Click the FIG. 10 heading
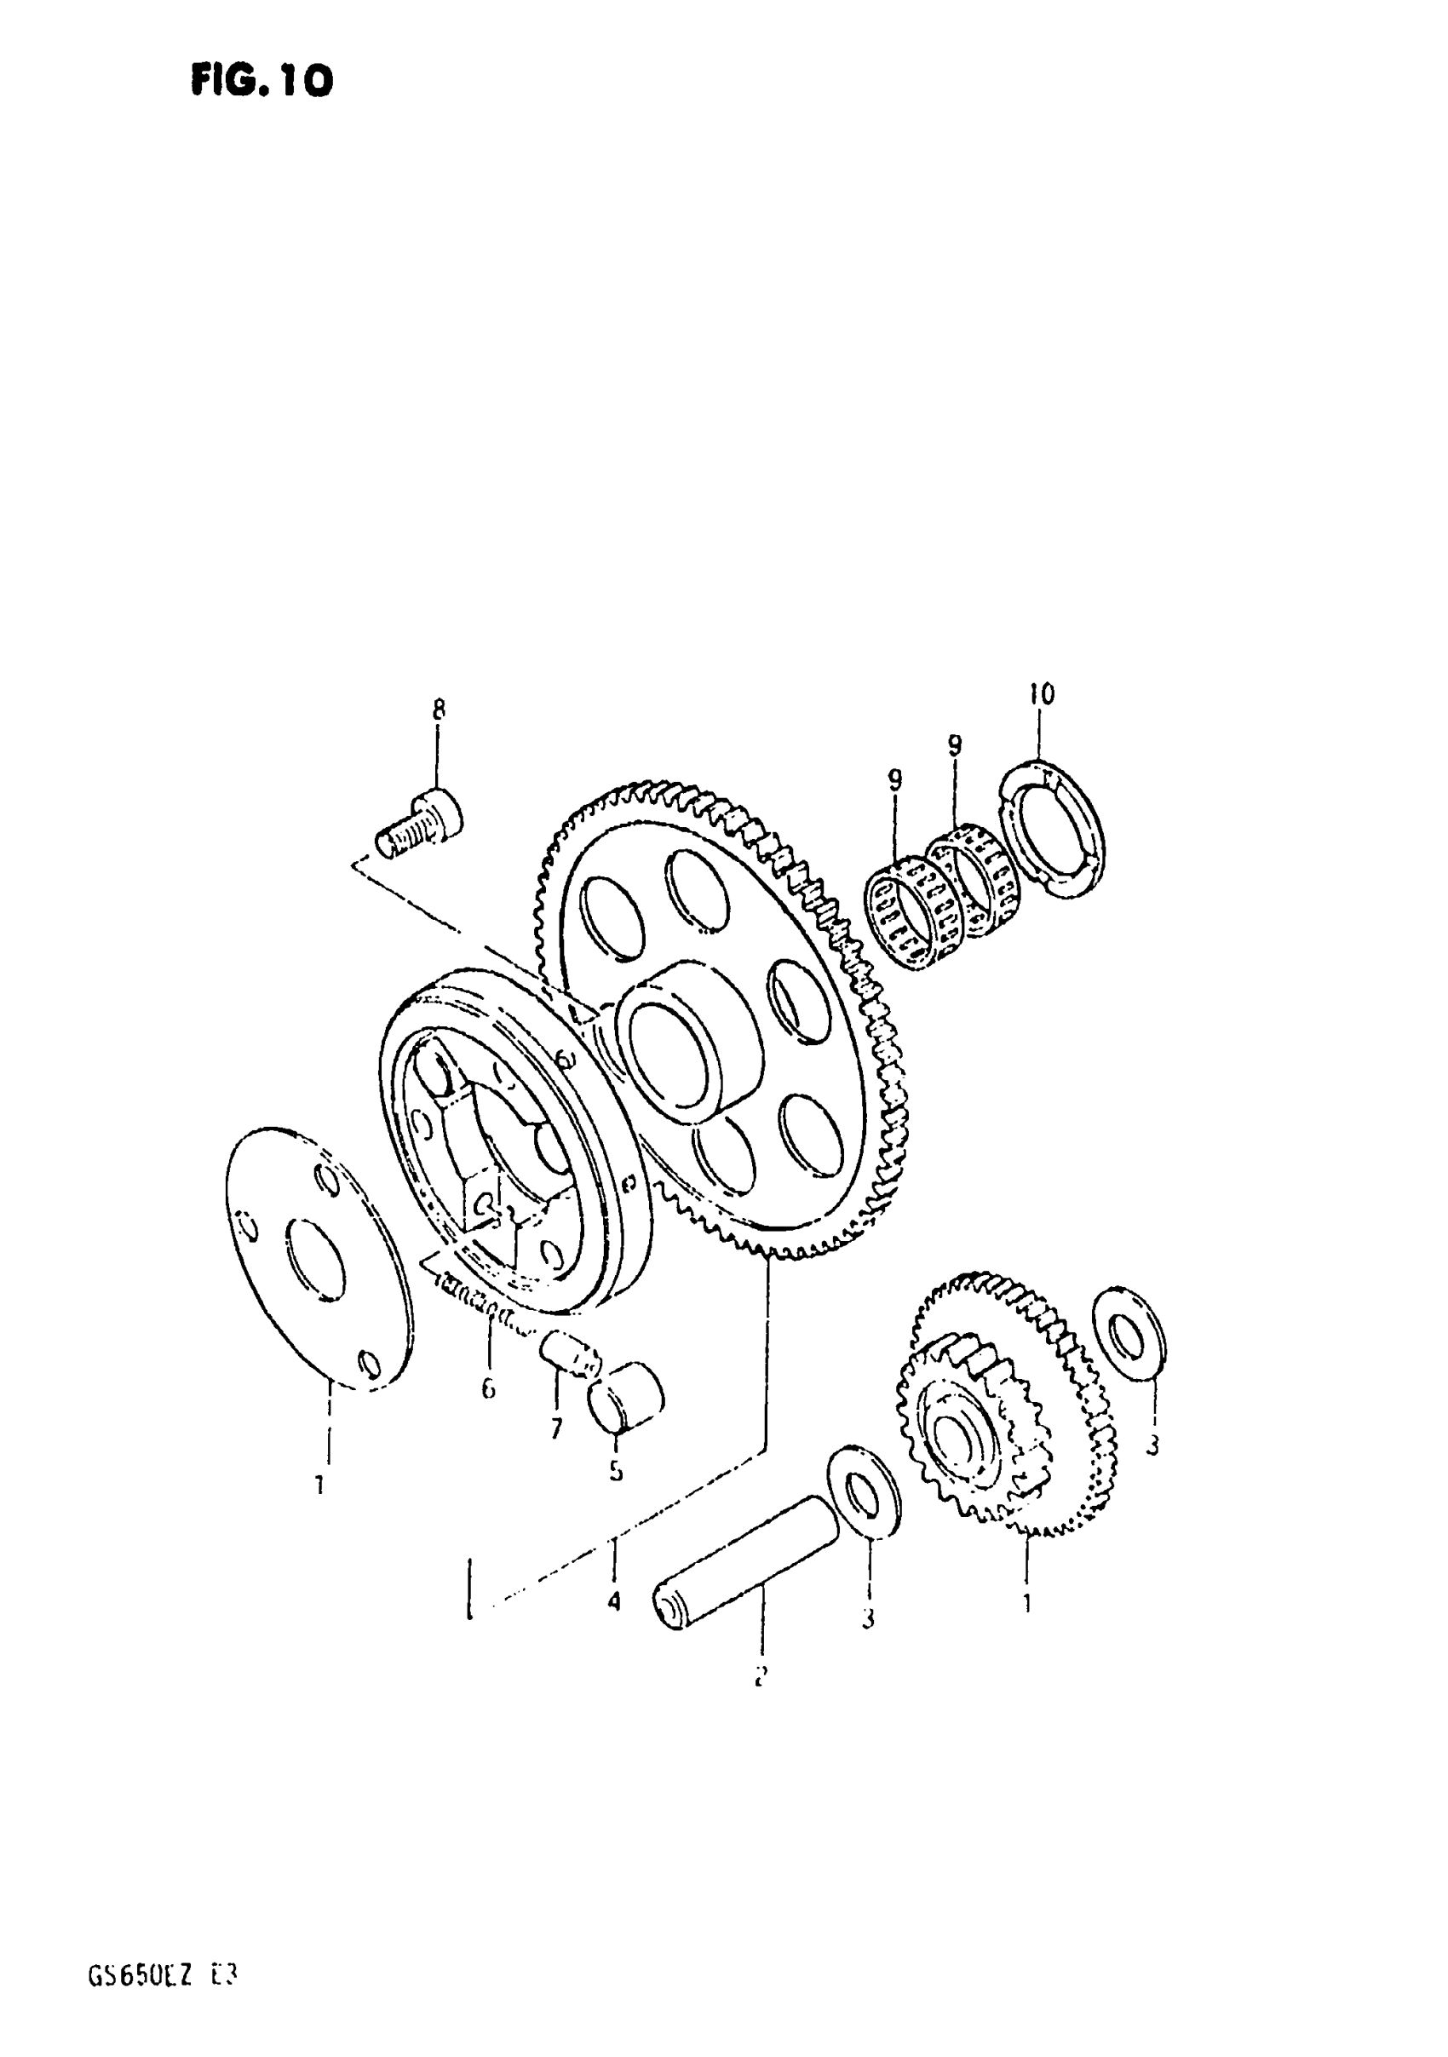click(261, 82)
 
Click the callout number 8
click(437, 710)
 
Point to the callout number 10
click(1041, 692)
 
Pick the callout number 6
click(487, 1389)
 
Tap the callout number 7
click(556, 1428)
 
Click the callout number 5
click(616, 1471)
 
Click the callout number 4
click(614, 1601)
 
